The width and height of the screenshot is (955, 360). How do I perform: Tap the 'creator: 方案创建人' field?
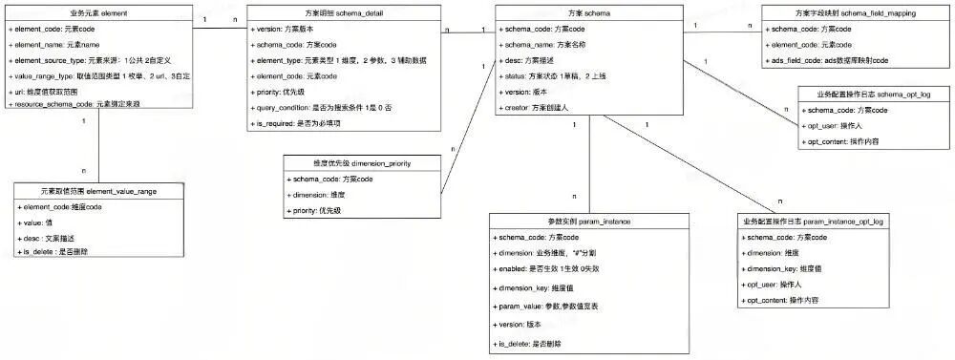537,108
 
